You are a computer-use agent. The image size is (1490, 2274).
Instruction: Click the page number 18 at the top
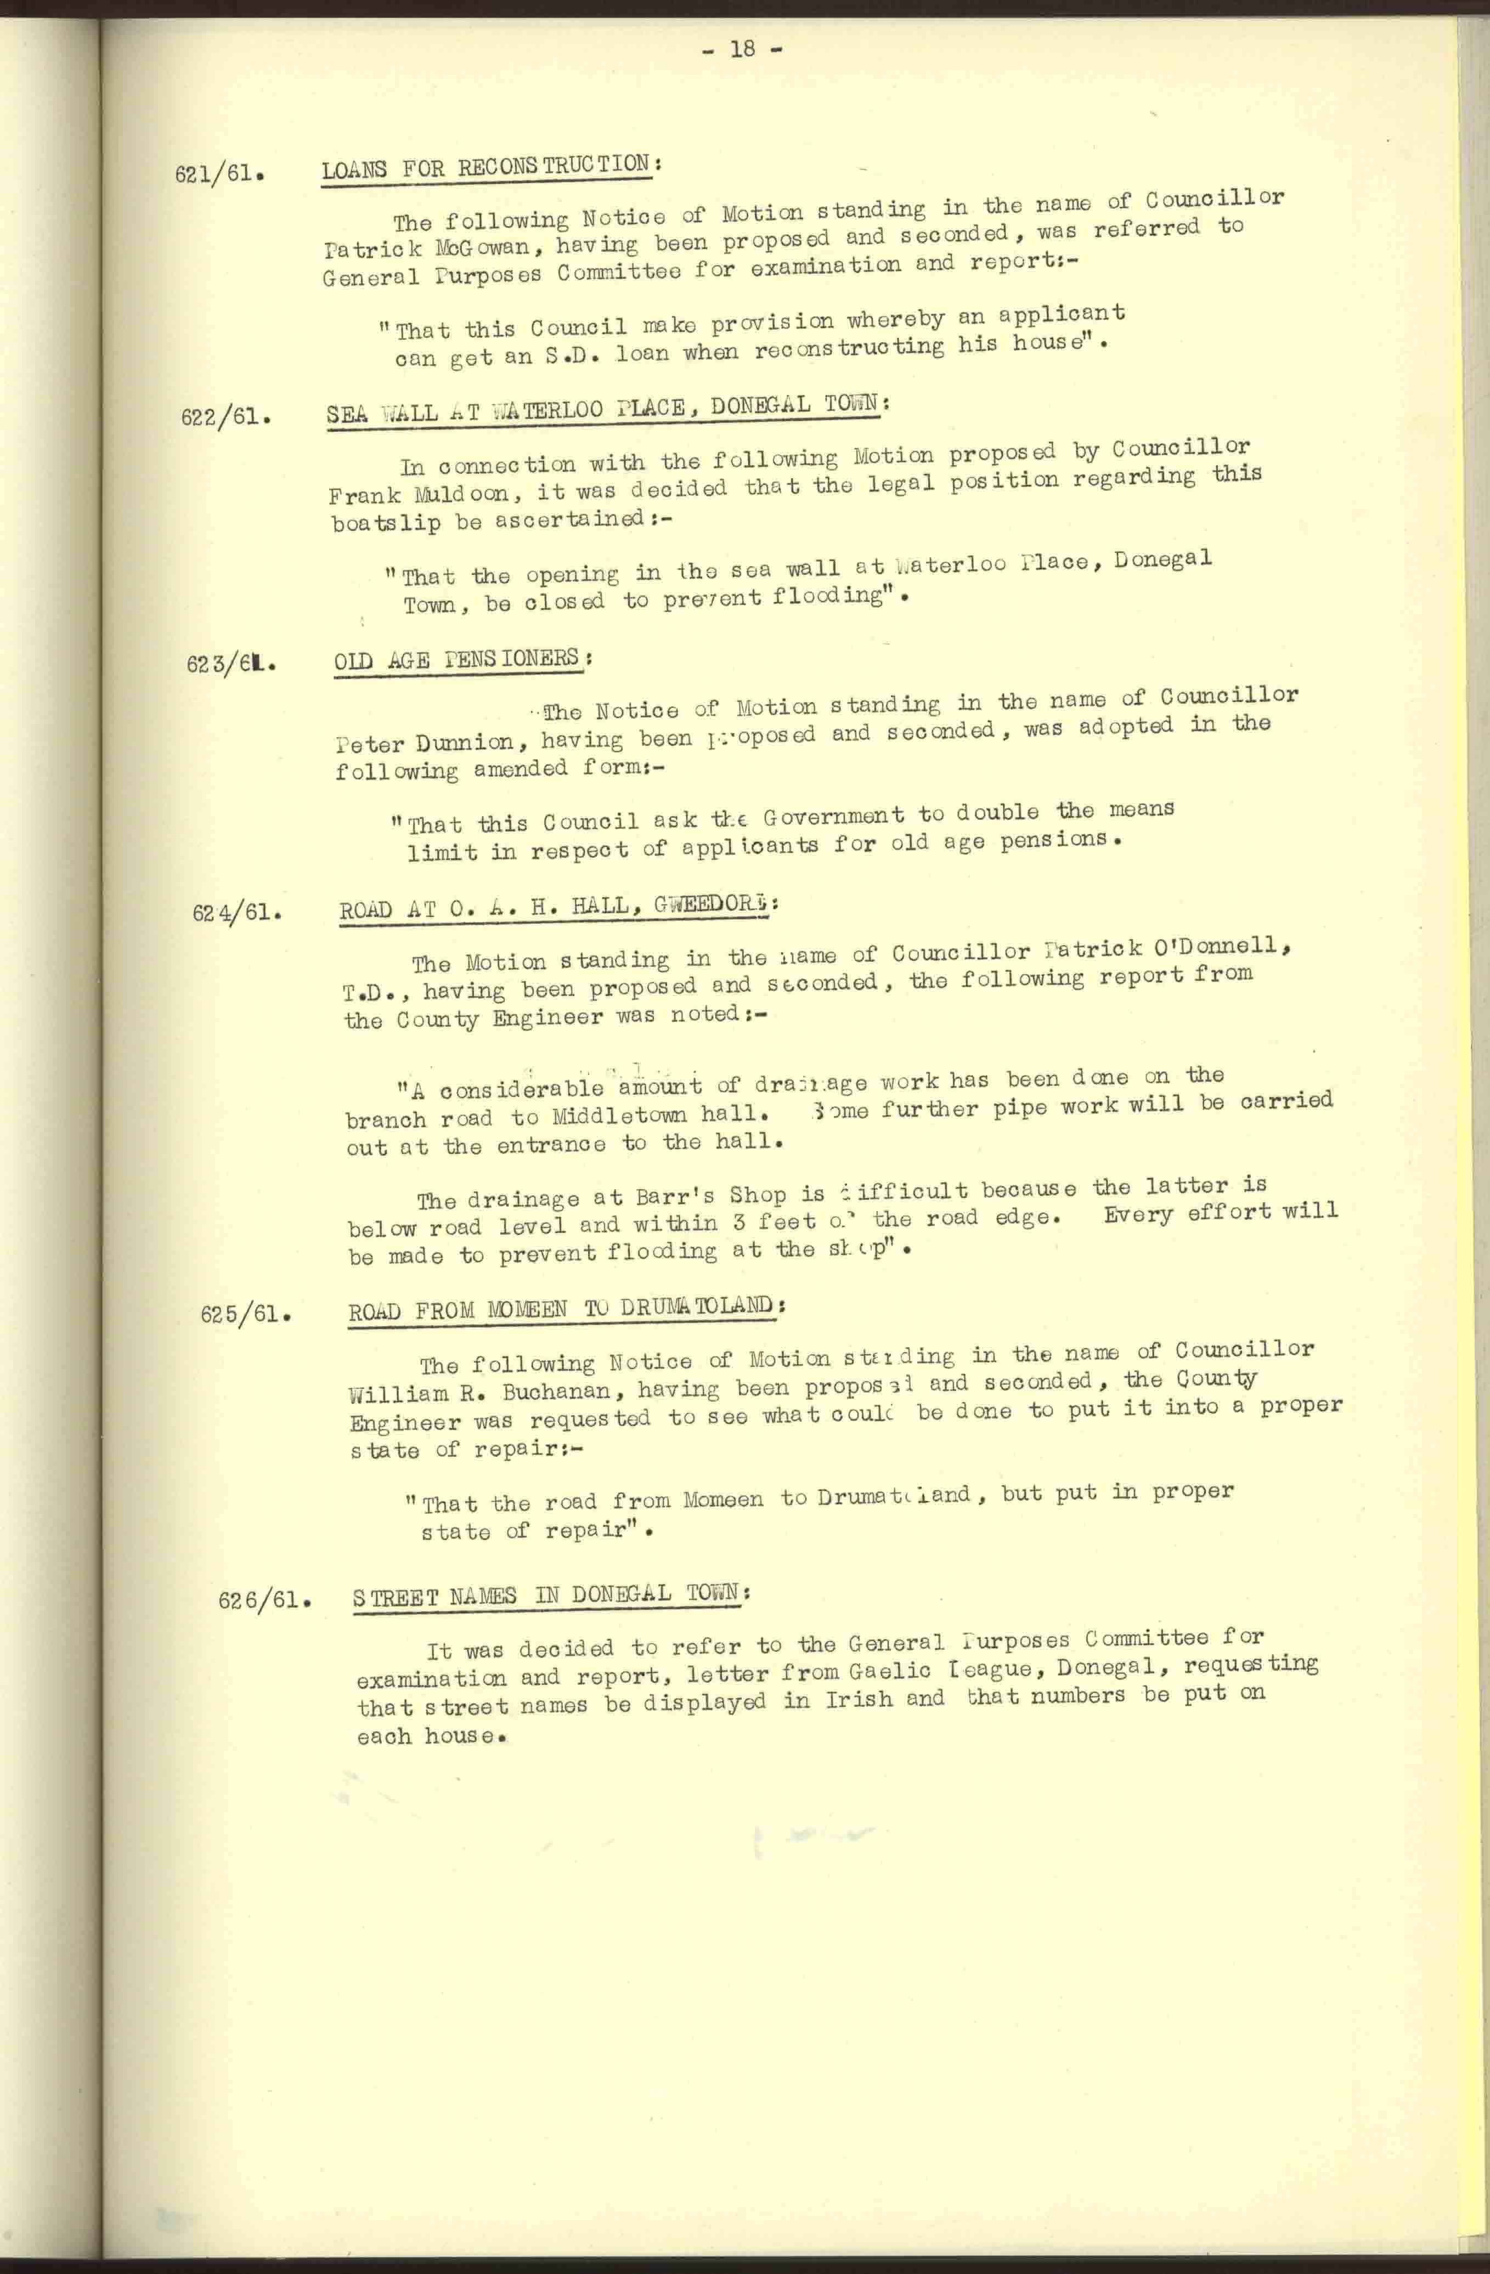tap(742, 49)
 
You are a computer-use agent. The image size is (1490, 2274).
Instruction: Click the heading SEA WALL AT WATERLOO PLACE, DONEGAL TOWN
tap(607, 409)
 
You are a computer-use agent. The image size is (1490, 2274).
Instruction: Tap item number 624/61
tap(237, 913)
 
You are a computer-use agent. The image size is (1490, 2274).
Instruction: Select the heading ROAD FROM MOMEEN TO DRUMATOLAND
tap(562, 1309)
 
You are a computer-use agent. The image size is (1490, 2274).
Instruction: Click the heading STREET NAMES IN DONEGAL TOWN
tap(550, 1594)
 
